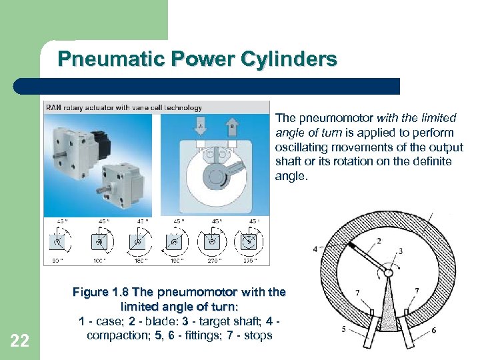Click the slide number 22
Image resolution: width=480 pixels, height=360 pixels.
(20, 341)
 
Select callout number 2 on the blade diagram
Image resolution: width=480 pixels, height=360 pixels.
(379, 241)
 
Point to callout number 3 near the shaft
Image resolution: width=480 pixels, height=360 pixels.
(400, 251)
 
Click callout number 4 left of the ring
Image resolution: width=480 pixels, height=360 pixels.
(315, 249)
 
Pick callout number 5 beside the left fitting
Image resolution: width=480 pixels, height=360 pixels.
(344, 329)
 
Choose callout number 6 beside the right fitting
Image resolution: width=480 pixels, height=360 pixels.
(433, 329)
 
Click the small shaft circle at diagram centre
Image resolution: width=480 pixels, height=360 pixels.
(389, 272)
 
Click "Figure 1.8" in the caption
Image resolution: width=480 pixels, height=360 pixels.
(101, 292)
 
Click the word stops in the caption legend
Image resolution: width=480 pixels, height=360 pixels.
(258, 335)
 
